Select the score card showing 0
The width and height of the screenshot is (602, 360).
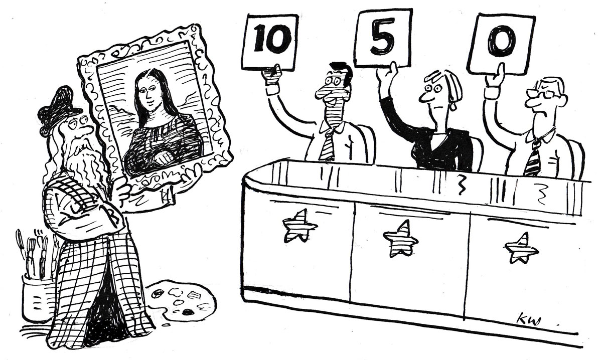click(501, 43)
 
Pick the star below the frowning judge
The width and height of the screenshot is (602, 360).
click(522, 249)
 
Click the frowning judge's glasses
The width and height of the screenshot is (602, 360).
click(540, 94)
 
